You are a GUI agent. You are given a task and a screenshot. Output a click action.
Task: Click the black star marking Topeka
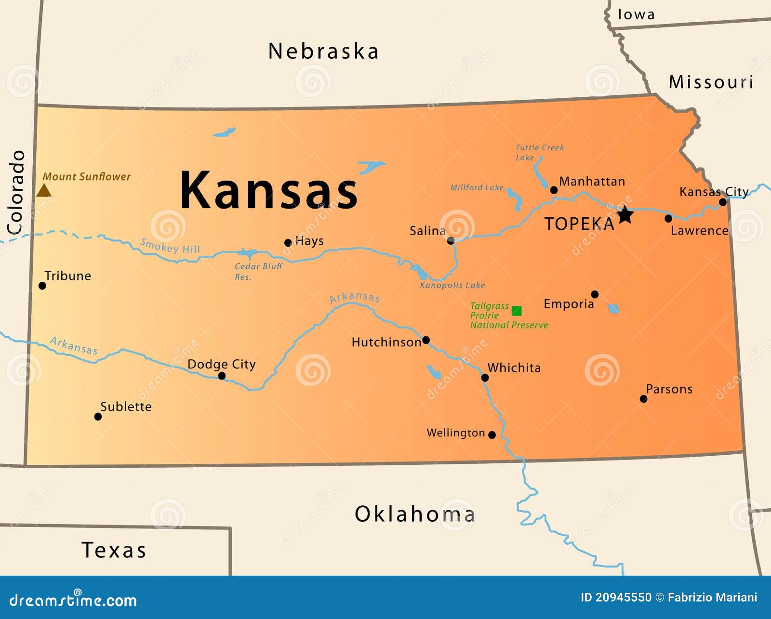coord(625,214)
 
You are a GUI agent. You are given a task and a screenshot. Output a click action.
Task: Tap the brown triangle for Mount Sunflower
coord(44,191)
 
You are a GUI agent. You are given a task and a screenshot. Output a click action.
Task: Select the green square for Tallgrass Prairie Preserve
coord(517,311)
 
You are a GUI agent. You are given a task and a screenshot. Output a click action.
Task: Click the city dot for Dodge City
coord(222,376)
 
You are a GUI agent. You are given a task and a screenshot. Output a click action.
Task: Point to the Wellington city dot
coord(492,435)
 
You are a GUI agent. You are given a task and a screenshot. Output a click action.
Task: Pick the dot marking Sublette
coord(98,417)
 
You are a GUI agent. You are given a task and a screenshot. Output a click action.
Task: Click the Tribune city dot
coord(42,286)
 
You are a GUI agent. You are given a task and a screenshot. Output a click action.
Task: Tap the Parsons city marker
coord(643,399)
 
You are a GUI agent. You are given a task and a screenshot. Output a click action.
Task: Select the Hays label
coord(309,241)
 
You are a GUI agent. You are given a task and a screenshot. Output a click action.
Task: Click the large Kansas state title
coord(269,191)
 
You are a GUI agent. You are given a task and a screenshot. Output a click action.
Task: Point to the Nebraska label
coord(323,51)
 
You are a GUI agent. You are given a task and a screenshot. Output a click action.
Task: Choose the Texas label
coord(114,550)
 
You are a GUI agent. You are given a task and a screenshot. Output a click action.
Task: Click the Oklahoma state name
coord(415,514)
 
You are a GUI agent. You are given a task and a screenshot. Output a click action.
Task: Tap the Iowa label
coord(636,14)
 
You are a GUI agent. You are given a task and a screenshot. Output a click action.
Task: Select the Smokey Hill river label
coord(170,246)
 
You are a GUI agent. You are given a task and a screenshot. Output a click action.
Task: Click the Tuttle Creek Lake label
coord(539,152)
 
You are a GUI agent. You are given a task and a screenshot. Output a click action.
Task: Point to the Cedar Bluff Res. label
coord(258,271)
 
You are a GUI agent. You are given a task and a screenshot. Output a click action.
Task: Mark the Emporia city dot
coord(595,294)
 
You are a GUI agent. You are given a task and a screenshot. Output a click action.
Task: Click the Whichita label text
coord(514,368)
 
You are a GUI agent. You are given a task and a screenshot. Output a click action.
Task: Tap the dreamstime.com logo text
coord(73,600)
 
